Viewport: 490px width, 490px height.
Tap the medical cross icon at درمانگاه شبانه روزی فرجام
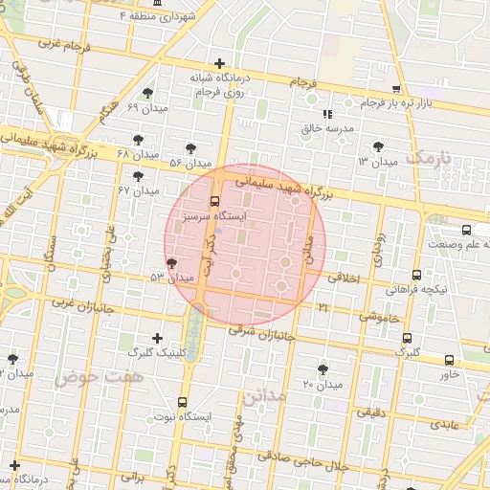[x=221, y=62]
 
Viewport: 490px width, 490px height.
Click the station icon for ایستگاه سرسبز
[x=214, y=202]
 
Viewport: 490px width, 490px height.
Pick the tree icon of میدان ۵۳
[x=171, y=262]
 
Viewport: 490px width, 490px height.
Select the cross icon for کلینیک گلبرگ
[x=158, y=338]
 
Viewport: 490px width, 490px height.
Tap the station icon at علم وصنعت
[x=466, y=230]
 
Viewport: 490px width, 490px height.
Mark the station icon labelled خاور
[x=449, y=360]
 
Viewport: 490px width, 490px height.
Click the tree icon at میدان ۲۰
[x=322, y=368]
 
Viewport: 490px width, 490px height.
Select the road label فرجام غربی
[x=62, y=44]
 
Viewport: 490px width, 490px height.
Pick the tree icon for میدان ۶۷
[x=138, y=176]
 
